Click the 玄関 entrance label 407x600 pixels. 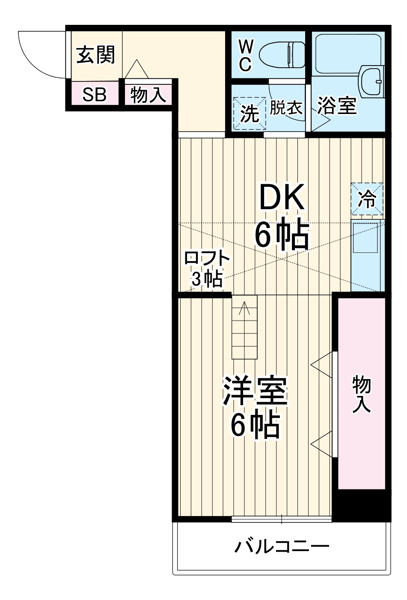point(96,55)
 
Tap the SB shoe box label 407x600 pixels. point(95,95)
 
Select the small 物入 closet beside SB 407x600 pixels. point(148,95)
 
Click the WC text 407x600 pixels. point(245,55)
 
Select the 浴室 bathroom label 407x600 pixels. point(337,105)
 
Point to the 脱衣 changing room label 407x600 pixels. point(286,108)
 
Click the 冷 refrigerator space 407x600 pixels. point(367,199)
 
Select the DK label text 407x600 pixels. point(282,197)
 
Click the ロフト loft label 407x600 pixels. point(207,259)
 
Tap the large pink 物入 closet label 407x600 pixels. point(362,394)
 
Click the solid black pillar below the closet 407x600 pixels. point(362,506)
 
